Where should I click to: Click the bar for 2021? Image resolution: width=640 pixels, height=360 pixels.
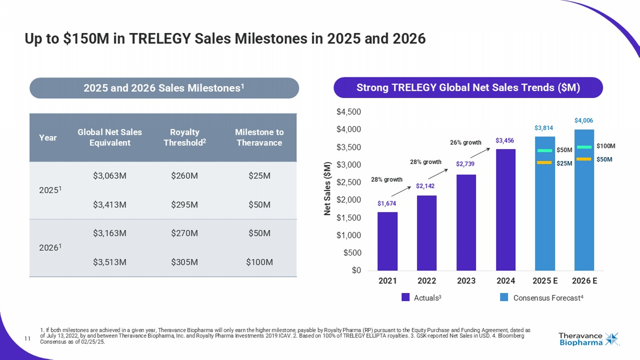(x=387, y=241)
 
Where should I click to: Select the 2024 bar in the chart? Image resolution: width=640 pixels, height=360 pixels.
(x=506, y=210)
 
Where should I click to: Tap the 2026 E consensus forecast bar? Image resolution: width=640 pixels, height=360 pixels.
(x=584, y=207)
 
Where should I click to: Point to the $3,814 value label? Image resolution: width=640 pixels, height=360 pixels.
(x=544, y=128)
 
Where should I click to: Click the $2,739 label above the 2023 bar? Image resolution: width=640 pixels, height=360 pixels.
(x=466, y=164)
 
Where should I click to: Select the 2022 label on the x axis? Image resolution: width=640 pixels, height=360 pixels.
(x=427, y=281)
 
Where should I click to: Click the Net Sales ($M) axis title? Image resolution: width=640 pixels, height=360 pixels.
(x=327, y=189)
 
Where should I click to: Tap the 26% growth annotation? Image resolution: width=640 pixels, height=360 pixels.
(x=465, y=143)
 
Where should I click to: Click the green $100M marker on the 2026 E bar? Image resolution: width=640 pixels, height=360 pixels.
(x=584, y=147)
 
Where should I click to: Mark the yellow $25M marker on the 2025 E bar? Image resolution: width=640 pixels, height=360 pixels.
(x=544, y=163)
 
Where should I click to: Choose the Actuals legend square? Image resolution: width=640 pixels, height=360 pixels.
(x=406, y=297)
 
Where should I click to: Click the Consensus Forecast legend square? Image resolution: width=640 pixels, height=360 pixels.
(x=505, y=297)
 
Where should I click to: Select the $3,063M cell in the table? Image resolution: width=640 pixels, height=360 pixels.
(x=110, y=176)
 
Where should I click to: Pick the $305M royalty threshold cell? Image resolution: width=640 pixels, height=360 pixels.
(x=185, y=262)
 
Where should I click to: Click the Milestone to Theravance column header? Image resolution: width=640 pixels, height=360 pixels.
(x=259, y=137)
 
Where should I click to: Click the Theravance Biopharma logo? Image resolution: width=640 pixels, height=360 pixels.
(x=589, y=339)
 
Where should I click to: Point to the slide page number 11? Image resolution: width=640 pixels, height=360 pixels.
(x=28, y=338)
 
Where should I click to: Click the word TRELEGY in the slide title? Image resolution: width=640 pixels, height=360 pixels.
(x=159, y=38)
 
